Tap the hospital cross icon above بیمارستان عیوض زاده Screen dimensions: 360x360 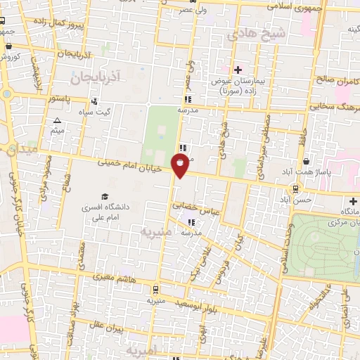coord(238,70)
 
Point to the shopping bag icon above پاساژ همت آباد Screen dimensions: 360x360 coord(305,161)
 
